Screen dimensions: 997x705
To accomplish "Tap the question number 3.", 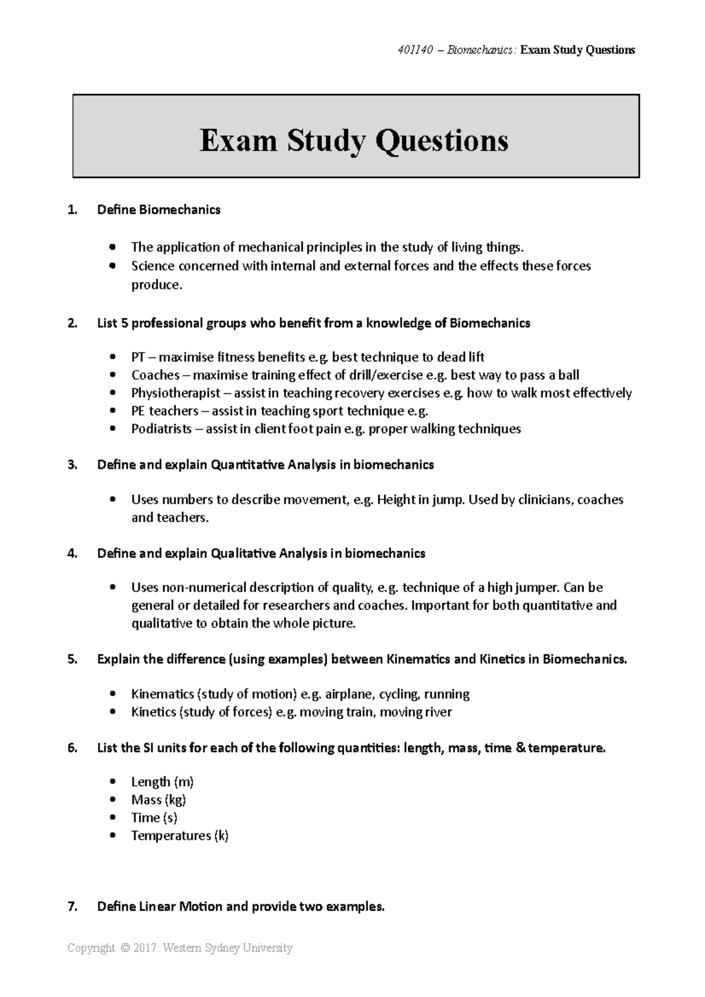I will pyautogui.click(x=72, y=465).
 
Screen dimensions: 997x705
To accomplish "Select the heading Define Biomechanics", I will pyautogui.click(x=159, y=210).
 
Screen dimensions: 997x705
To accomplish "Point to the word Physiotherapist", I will pyautogui.click(x=176, y=393).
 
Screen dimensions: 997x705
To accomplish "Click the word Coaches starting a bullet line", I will pyautogui.click(x=155, y=375).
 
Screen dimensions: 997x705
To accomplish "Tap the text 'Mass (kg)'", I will pyautogui.click(x=159, y=800).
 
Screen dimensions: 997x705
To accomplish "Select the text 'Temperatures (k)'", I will pyautogui.click(x=180, y=836).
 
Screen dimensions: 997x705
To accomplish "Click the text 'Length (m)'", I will pyautogui.click(x=162, y=782).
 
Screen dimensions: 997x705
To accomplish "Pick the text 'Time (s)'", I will pyautogui.click(x=154, y=817).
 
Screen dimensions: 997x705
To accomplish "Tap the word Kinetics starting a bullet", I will pyautogui.click(x=153, y=712).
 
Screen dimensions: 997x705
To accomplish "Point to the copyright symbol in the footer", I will pyautogui.click(x=124, y=948).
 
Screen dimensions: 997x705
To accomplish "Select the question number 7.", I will pyautogui.click(x=72, y=907).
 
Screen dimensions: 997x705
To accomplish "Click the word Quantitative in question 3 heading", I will pyautogui.click(x=247, y=465).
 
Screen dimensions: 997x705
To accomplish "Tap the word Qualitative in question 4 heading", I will pyautogui.click(x=243, y=553).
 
